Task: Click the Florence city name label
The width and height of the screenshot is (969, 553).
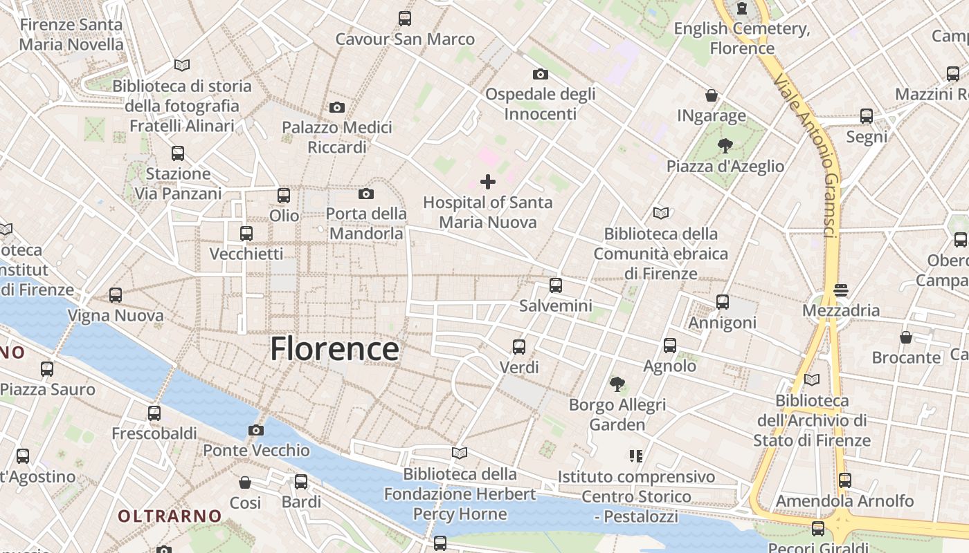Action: (x=334, y=348)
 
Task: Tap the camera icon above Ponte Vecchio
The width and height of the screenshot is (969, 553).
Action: (x=255, y=430)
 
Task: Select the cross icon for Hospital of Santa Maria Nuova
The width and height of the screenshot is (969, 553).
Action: (x=488, y=182)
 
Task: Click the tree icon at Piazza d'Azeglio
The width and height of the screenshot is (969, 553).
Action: (x=725, y=145)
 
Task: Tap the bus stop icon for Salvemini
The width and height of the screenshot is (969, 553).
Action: (x=555, y=285)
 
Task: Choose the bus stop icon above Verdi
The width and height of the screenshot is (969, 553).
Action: (x=518, y=346)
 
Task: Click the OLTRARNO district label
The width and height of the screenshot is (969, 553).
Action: (x=170, y=516)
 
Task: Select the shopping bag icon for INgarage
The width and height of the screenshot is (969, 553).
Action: (x=711, y=95)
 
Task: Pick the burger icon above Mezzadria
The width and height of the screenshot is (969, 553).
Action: (x=841, y=290)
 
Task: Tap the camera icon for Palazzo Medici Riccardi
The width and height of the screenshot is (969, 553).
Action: (x=336, y=107)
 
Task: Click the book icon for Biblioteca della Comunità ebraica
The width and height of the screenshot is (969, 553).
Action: (x=661, y=213)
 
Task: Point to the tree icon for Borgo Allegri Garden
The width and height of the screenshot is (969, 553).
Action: (x=617, y=384)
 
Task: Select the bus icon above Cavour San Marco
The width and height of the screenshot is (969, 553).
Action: (x=404, y=19)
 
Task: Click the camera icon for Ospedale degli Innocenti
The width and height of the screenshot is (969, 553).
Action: (x=540, y=74)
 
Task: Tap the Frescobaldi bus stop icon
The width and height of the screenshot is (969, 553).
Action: (x=154, y=413)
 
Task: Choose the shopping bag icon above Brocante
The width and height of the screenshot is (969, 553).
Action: (x=905, y=337)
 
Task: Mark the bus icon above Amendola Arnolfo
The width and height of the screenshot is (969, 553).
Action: (x=844, y=480)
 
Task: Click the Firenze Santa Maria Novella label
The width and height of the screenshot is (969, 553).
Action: (x=71, y=35)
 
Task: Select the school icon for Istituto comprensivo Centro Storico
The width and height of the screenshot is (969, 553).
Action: (x=636, y=456)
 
